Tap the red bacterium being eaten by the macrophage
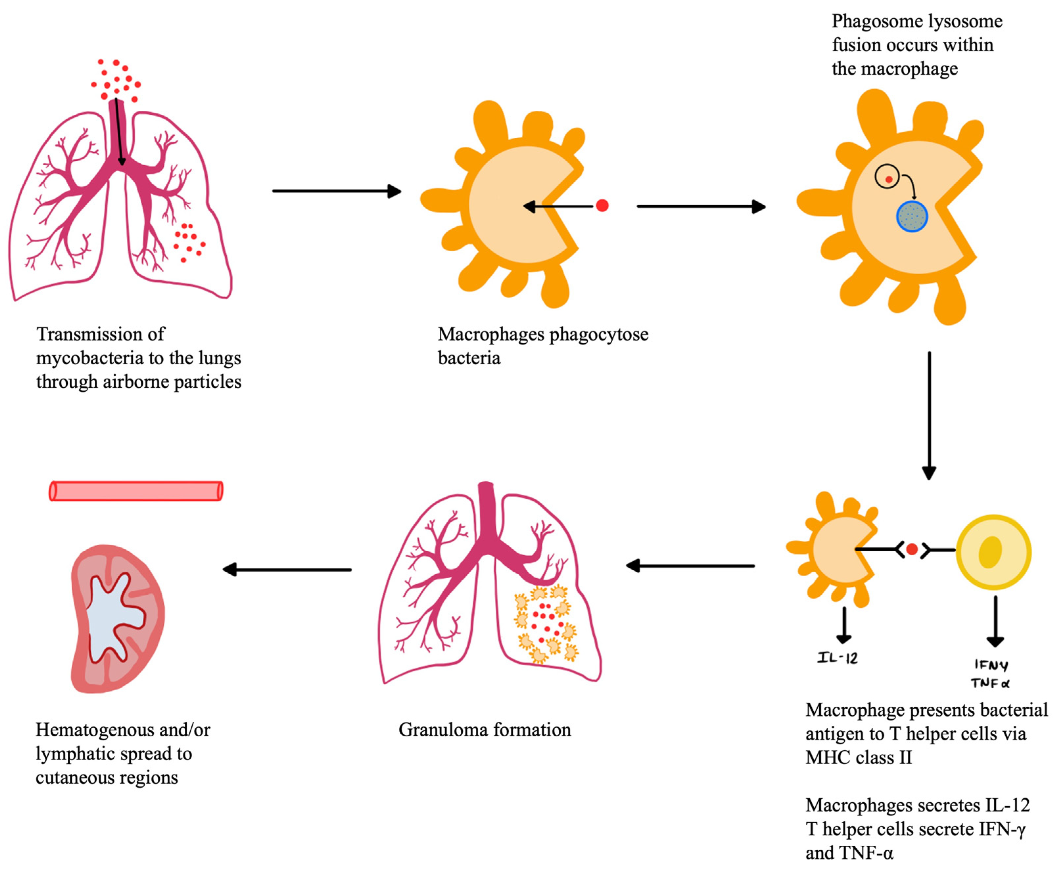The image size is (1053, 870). click(602, 205)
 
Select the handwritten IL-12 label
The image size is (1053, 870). click(837, 657)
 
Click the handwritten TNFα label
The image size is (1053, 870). click(990, 683)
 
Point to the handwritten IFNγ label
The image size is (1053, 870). click(991, 665)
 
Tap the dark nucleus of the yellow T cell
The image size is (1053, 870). click(990, 552)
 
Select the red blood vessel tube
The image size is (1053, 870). click(136, 491)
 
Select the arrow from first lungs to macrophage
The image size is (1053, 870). click(336, 191)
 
